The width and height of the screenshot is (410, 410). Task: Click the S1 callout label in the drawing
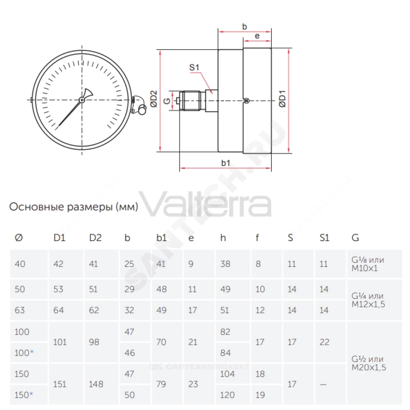[x=194, y=68]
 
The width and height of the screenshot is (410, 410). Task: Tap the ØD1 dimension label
[x=282, y=99]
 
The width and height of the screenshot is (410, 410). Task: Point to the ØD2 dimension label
[x=154, y=99]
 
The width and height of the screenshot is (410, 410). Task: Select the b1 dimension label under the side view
[x=225, y=163]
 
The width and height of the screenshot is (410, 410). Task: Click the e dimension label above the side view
[x=257, y=36]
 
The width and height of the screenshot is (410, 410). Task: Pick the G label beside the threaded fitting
[x=167, y=101]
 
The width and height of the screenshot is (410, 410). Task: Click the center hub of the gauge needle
[x=82, y=100]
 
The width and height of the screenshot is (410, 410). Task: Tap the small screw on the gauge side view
[x=246, y=101]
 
